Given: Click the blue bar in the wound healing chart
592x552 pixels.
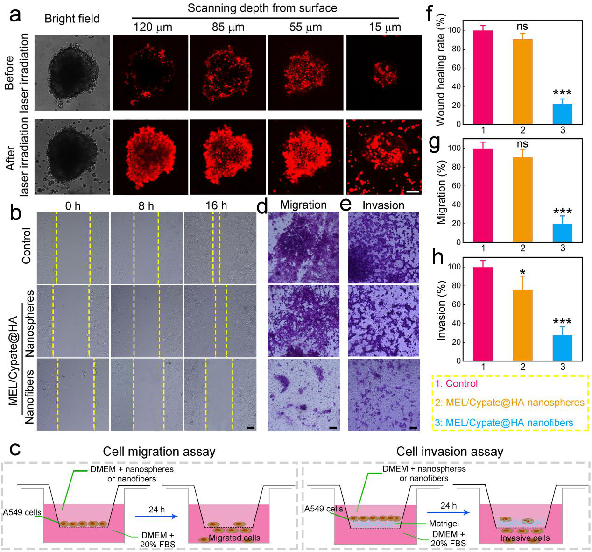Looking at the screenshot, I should tap(562, 114).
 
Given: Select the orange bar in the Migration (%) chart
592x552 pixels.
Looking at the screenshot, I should tap(522, 199).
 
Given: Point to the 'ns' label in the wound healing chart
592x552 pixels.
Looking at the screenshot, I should tap(522, 27).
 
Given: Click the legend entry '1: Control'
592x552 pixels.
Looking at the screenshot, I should tap(457, 383).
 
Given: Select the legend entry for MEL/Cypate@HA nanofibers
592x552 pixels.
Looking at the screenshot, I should tap(504, 423).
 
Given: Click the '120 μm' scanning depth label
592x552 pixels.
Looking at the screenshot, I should tap(152, 27).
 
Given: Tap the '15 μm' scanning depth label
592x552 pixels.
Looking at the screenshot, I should tap(385, 27).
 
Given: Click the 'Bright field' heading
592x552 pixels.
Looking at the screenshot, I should tap(72, 19).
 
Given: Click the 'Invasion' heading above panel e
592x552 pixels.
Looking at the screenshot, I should tap(383, 205).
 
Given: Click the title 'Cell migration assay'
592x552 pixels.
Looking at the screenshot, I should tap(159, 452).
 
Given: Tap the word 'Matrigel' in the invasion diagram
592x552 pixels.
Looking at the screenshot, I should tap(444, 524).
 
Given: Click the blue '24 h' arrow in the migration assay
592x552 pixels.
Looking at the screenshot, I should tap(156, 516).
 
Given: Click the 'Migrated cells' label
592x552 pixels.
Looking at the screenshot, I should tap(234, 538).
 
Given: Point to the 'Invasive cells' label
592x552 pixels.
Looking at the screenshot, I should tap(525, 538).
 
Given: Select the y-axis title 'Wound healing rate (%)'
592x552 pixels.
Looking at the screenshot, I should tap(440, 70).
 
